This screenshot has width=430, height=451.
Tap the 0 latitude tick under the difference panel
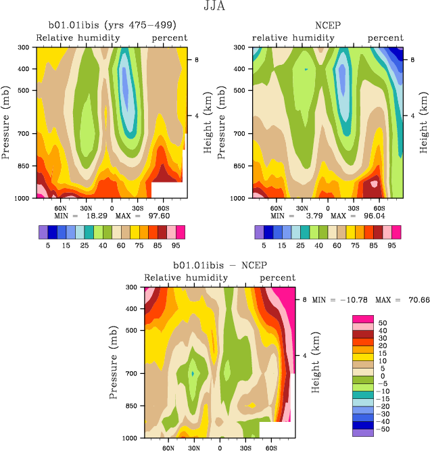point(220,448)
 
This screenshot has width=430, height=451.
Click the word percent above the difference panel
point(278,278)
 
